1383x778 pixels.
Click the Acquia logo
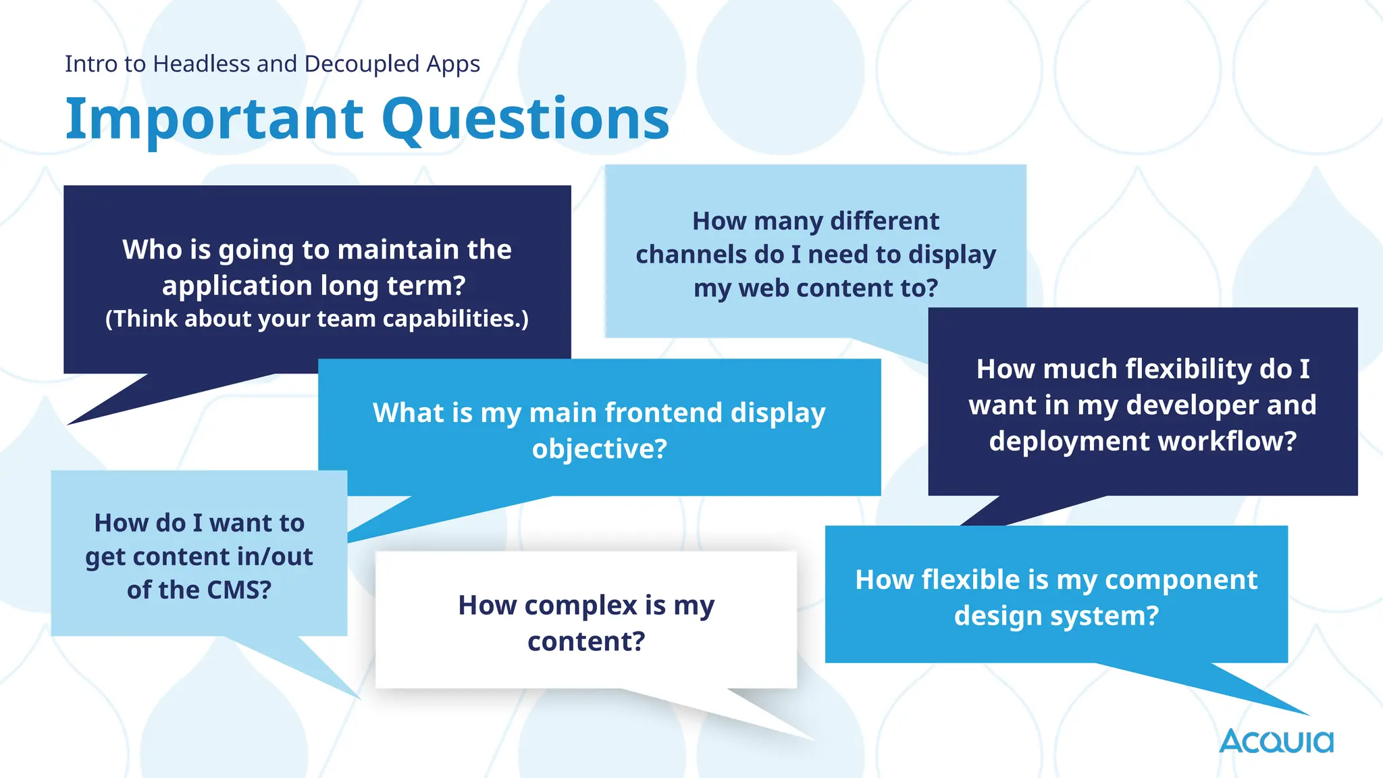point(1276,741)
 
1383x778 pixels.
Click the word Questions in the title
point(525,120)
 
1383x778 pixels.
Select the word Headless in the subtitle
point(202,63)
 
